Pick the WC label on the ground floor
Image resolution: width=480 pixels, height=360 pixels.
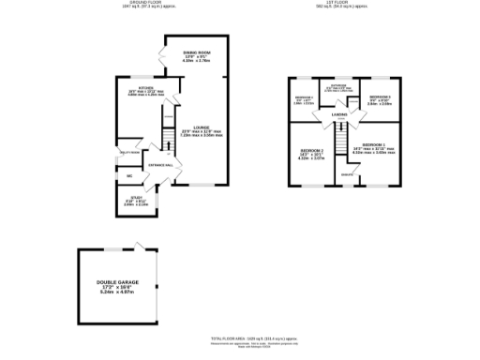click(129, 175)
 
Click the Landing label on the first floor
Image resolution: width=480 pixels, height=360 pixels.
click(339, 115)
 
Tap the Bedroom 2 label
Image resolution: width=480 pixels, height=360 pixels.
click(311, 153)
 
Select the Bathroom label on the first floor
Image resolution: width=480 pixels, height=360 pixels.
click(339, 89)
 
